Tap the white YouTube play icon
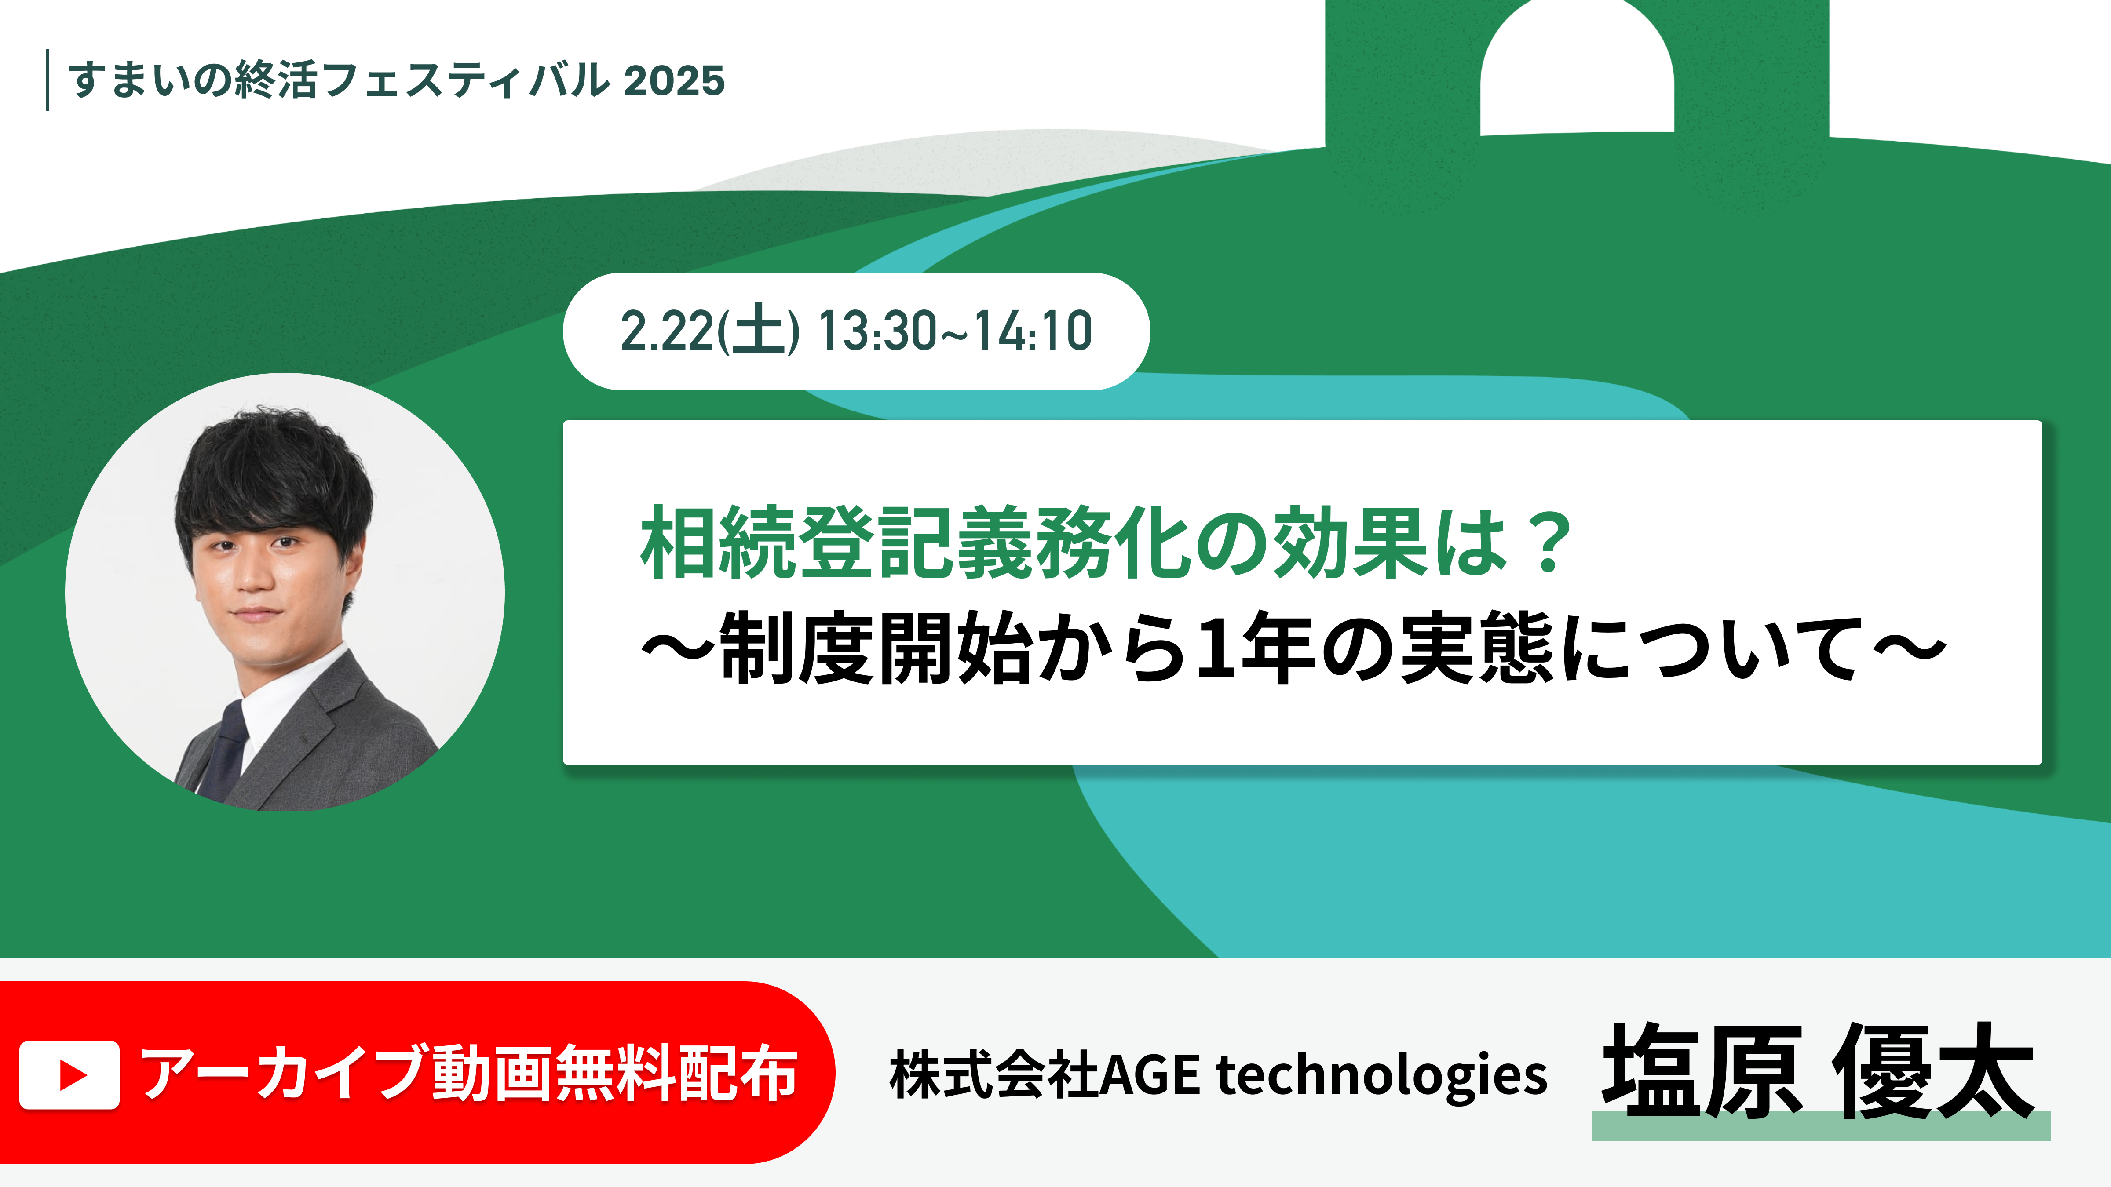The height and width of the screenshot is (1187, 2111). [x=69, y=1075]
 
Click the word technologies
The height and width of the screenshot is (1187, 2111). [x=1382, y=1075]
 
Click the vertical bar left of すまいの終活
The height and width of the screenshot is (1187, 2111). [x=47, y=80]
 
